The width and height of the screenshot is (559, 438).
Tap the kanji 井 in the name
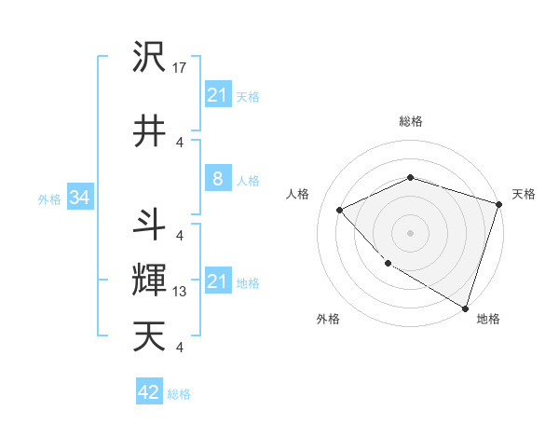pos(149,130)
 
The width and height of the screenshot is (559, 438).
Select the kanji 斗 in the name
pos(149,224)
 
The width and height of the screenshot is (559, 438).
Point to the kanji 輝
pos(149,280)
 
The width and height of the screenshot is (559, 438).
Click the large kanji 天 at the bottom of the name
pos(149,336)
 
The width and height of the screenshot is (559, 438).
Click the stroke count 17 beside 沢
pos(180,68)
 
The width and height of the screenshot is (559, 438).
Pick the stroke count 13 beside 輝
pos(180,292)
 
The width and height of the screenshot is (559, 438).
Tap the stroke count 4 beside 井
pos(180,142)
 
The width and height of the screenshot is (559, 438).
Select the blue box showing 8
pos(217,179)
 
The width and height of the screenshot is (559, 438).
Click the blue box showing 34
pos(79,198)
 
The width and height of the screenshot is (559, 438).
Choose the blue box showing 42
pos(149,392)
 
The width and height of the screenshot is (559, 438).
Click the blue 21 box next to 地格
pos(217,281)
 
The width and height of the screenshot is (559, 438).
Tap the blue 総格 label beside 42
pos(179,394)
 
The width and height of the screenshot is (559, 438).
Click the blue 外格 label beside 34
pos(49,198)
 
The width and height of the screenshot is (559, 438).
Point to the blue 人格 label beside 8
pos(248,180)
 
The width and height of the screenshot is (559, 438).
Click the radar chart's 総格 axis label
pos(410,121)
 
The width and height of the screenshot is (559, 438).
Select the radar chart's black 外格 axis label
pos(328,319)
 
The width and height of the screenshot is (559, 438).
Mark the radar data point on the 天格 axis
pos(499,204)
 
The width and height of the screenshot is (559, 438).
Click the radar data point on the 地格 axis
pos(465,308)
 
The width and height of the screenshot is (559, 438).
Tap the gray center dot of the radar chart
pos(410,232)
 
